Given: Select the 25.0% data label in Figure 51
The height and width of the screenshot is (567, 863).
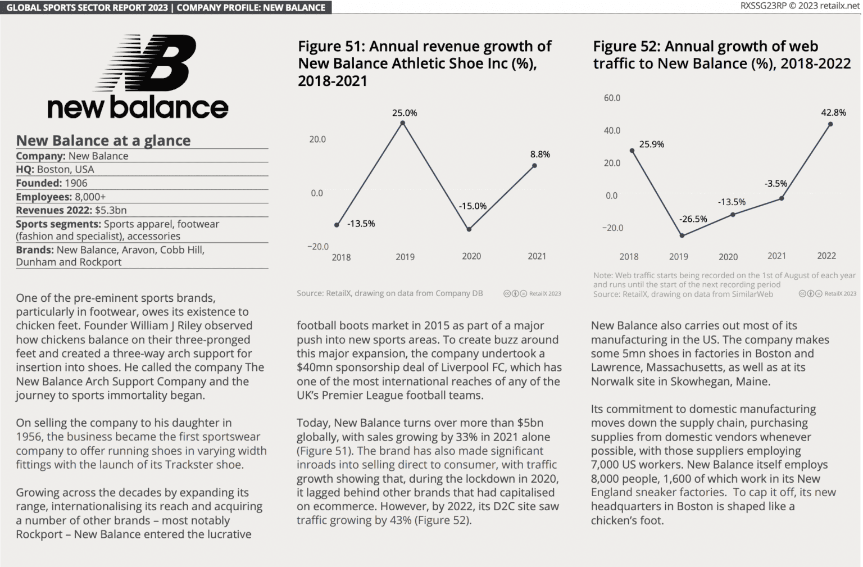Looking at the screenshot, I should click(x=405, y=113).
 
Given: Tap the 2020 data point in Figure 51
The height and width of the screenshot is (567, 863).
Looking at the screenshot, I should click(x=469, y=229).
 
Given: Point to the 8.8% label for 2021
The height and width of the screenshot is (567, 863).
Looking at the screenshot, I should click(x=540, y=154).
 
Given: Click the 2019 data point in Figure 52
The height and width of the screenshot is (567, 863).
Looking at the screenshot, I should click(x=682, y=235).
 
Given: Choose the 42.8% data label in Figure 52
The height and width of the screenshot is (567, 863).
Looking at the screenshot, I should click(x=833, y=112).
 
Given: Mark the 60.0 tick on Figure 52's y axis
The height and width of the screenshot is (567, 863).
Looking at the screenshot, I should click(x=612, y=98).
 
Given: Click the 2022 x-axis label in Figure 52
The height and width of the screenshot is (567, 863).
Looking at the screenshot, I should click(x=826, y=256).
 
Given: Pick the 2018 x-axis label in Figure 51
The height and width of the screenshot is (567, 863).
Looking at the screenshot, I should click(x=341, y=257).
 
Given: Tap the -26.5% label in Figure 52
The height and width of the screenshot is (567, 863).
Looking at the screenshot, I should click(x=693, y=219).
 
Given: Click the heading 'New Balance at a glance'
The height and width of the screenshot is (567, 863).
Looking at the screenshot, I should click(x=103, y=140).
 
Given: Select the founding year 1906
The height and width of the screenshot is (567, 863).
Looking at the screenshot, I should click(x=76, y=183).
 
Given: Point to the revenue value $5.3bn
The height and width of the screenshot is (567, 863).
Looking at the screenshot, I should click(x=111, y=210).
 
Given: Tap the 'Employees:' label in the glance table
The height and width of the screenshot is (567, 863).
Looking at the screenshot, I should click(x=43, y=197).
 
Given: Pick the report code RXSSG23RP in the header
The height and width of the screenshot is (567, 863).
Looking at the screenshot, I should click(x=763, y=6).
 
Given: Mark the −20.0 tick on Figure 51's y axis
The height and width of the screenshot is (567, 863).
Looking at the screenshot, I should click(x=317, y=246).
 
